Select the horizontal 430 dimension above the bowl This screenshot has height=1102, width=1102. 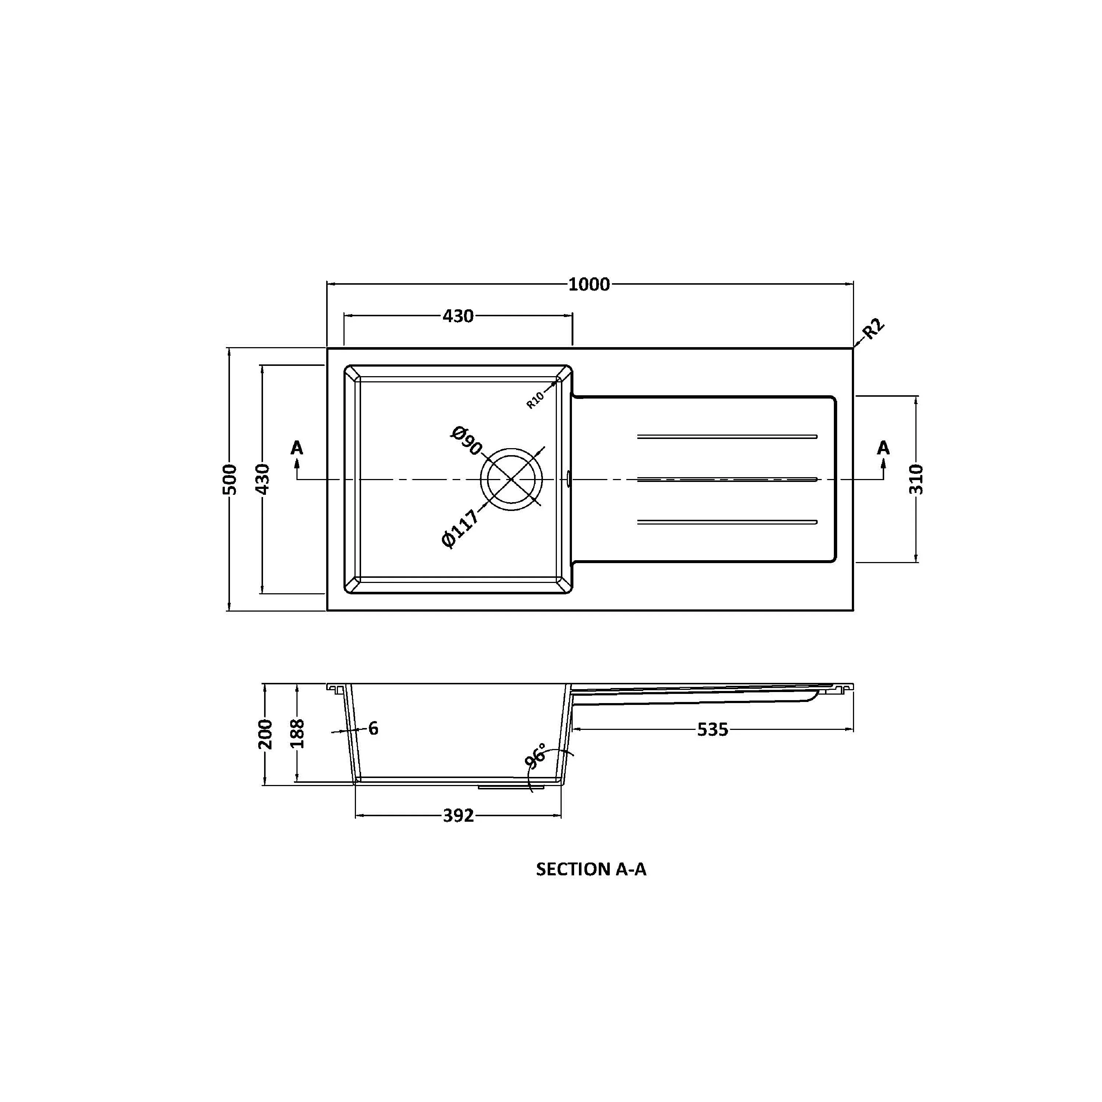click(458, 316)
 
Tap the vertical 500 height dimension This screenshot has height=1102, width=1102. click(230, 479)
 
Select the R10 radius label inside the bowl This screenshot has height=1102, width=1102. click(535, 400)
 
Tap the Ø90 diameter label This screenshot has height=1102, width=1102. click(466, 441)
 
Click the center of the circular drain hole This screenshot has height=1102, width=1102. click(512, 479)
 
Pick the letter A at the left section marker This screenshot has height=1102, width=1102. click(296, 448)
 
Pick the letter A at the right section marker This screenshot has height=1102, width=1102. click(883, 448)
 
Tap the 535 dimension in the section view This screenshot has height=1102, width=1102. click(712, 730)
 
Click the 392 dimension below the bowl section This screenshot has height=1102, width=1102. click(458, 815)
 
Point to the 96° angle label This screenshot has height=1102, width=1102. click(536, 756)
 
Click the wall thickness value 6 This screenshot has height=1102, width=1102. click(373, 728)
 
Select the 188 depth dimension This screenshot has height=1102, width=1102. click(297, 734)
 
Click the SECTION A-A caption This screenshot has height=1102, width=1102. click(591, 869)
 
